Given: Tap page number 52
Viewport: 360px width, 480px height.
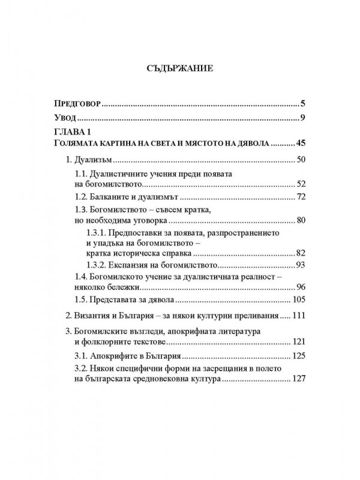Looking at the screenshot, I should coord(300,185).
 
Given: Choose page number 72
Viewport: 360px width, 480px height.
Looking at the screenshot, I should coord(300,197).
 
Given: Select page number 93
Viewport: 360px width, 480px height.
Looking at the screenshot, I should coord(300,264).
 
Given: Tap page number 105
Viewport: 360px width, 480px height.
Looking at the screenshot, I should coord(298,299).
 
